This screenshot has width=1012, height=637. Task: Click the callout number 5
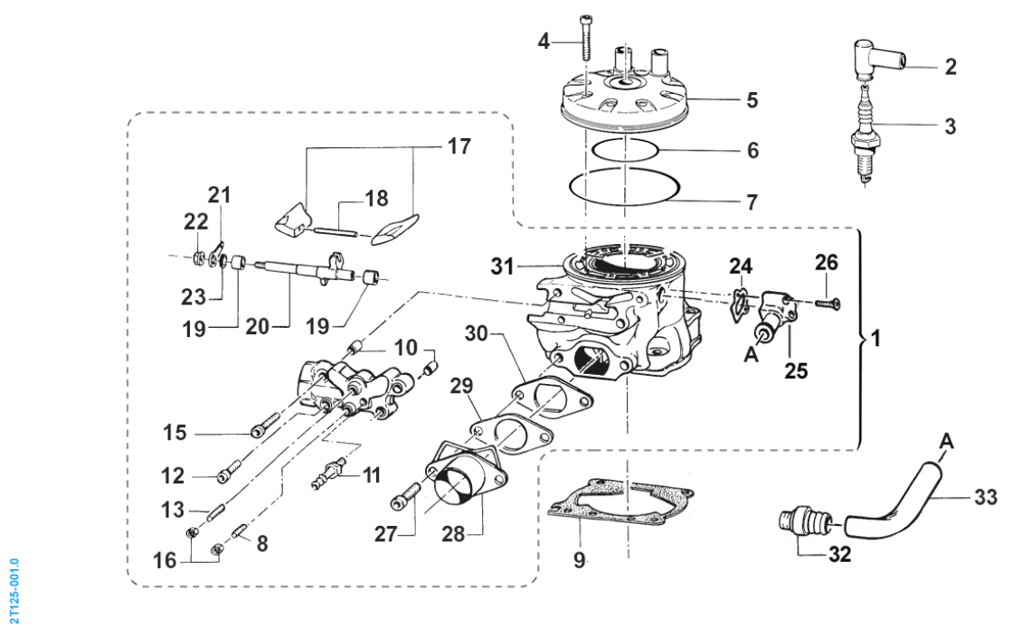tap(752, 100)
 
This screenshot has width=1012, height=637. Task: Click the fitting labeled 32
tap(799, 522)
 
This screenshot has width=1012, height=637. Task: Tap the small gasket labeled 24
tap(742, 301)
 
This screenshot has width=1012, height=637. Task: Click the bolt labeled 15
tap(259, 432)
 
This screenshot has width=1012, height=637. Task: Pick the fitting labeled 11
tap(330, 473)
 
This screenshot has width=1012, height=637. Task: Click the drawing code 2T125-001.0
tap(13, 588)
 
